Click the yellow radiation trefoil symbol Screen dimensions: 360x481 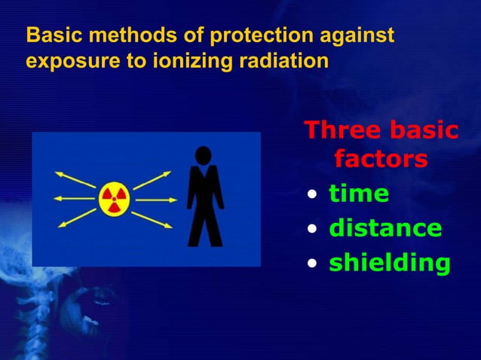(x=114, y=200)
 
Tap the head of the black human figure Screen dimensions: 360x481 (x=203, y=155)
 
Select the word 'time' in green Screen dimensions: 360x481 (x=359, y=194)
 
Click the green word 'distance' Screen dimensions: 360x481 (x=385, y=228)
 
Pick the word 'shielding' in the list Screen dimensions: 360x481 (x=390, y=263)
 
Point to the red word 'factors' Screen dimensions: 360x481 (x=380, y=160)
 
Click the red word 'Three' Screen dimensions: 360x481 (x=337, y=130)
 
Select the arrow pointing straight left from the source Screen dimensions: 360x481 (x=73, y=200)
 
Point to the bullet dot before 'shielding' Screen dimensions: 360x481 (x=312, y=264)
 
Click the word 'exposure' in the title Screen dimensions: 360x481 (x=63, y=60)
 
